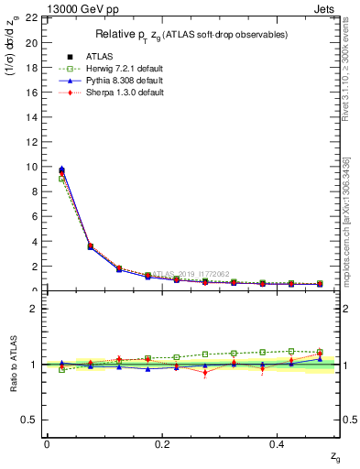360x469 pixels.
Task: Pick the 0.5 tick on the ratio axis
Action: coord(29,420)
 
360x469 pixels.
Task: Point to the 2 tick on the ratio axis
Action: coord(33,309)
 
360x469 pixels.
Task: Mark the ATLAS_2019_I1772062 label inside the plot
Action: coord(191,274)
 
